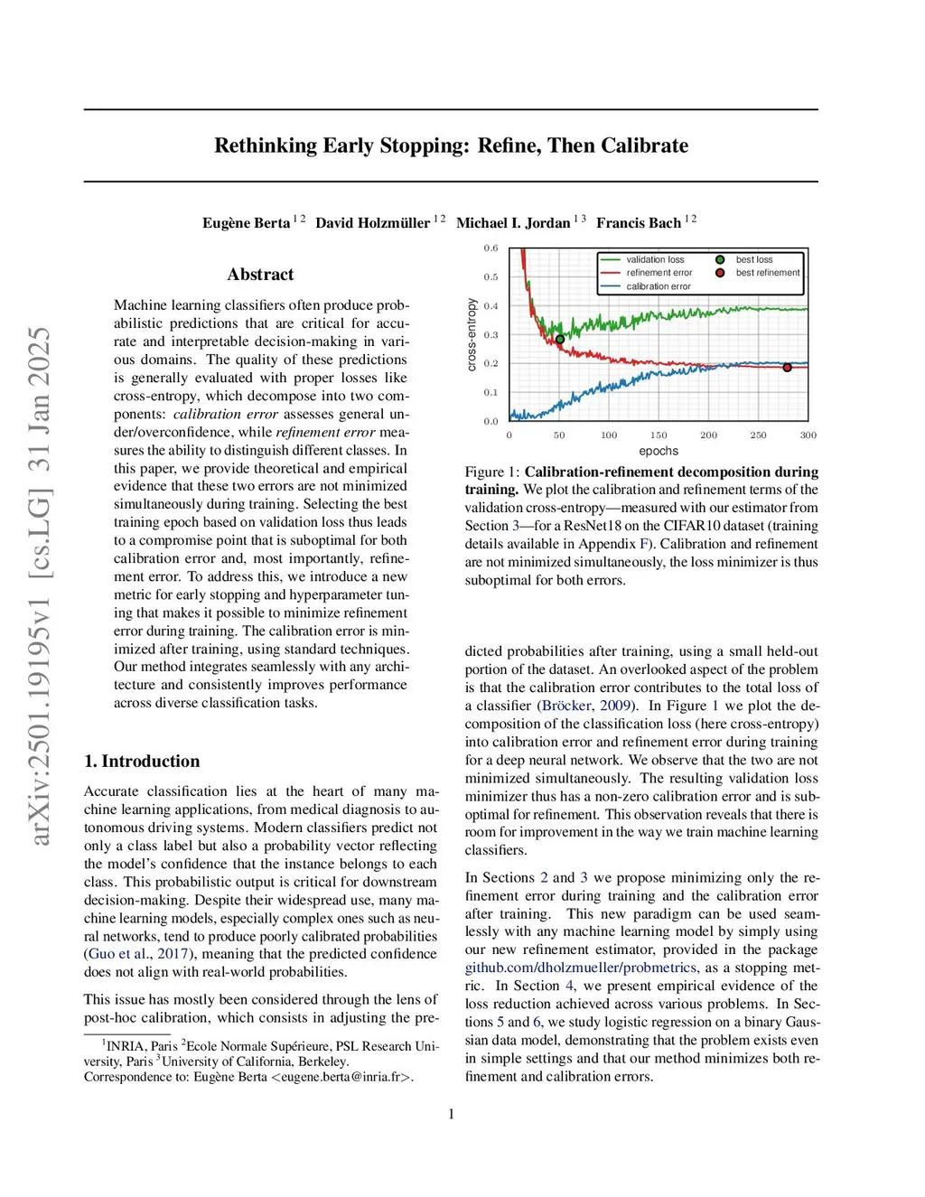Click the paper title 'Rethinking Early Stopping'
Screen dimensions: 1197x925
tap(451, 145)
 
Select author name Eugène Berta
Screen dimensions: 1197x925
tap(246, 223)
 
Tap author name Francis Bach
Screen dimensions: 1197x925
tap(638, 223)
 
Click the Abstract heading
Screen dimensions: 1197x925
tap(260, 275)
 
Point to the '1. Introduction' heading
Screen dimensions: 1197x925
tap(142, 762)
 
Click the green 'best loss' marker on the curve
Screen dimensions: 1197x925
tap(560, 340)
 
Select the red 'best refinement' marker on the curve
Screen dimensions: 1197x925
tap(787, 368)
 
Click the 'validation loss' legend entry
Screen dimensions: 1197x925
tap(655, 260)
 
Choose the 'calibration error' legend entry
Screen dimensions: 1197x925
tap(659, 286)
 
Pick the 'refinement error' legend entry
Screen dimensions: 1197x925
tap(659, 273)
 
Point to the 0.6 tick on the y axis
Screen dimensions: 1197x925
tap(491, 248)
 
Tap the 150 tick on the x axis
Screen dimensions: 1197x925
tap(659, 435)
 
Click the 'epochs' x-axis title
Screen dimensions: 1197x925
tap(659, 451)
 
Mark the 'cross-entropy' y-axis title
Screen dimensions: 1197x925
tap(472, 335)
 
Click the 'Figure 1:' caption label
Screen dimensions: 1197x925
tap(492, 472)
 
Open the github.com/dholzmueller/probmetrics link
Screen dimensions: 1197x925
tap(581, 968)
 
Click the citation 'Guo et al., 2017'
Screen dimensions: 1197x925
tap(137, 954)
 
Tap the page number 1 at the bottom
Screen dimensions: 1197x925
tap(451, 1114)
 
